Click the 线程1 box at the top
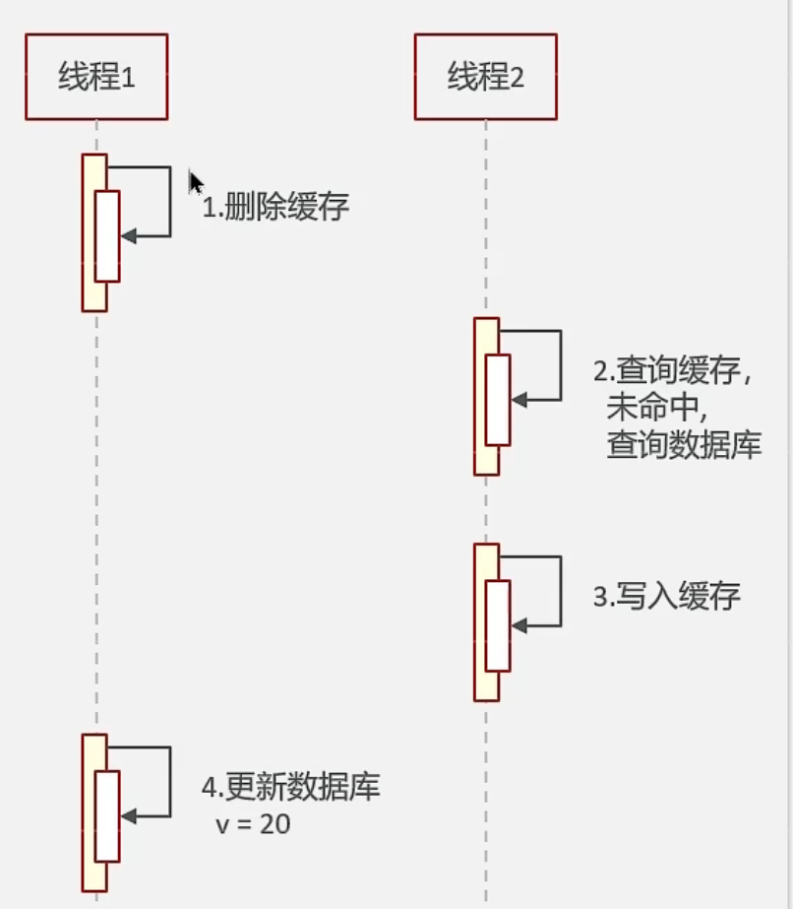(96, 77)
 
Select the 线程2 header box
(485, 77)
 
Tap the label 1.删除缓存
(275, 208)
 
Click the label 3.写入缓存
(666, 597)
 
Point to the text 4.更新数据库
(291, 788)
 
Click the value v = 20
(253, 824)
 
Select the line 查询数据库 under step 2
(684, 444)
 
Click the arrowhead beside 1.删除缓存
(129, 236)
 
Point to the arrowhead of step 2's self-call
(519, 400)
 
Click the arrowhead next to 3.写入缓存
(519, 625)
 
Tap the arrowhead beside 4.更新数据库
(129, 816)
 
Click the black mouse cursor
(196, 183)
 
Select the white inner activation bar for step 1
(107, 236)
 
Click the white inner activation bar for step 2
(498, 400)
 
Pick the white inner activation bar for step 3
(498, 625)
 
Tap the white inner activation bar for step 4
(107, 816)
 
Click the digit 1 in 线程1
(127, 78)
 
